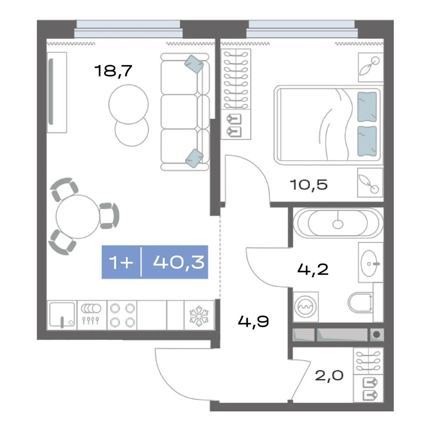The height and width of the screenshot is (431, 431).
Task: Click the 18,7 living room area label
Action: point(113,71)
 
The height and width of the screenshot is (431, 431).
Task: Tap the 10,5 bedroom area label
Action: point(309,184)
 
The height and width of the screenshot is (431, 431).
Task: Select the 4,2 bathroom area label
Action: point(313,269)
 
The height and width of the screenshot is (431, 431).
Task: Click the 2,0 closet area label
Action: point(329,375)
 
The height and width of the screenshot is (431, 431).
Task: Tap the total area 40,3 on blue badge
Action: point(179,262)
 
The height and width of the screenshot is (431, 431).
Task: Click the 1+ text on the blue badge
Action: point(121,262)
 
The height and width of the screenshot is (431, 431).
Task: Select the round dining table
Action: point(78,216)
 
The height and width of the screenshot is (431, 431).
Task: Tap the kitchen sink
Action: point(62,315)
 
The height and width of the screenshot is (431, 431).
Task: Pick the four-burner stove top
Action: point(122,315)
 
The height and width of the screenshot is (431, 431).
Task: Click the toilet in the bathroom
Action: point(360,303)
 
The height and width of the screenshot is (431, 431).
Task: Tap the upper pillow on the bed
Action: point(367,107)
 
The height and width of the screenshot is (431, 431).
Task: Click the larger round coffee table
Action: point(128,104)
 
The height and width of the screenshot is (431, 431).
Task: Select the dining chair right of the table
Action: point(109,216)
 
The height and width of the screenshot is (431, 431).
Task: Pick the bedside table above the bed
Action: point(371,67)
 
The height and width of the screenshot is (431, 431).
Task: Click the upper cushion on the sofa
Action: point(194,64)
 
